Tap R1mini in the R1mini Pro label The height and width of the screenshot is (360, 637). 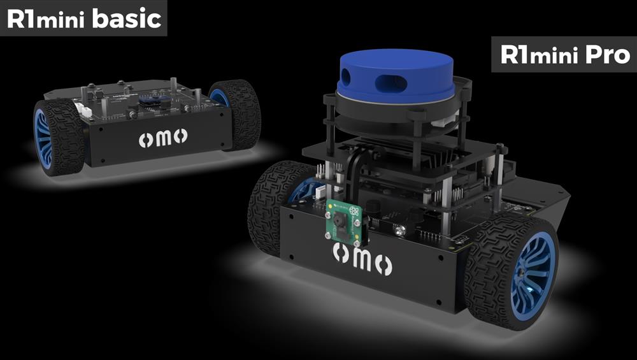coord(540,54)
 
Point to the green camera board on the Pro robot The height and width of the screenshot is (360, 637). coord(344,224)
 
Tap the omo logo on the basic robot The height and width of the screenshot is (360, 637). coord(163,138)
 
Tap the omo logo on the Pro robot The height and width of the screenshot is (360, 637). coord(362,259)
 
